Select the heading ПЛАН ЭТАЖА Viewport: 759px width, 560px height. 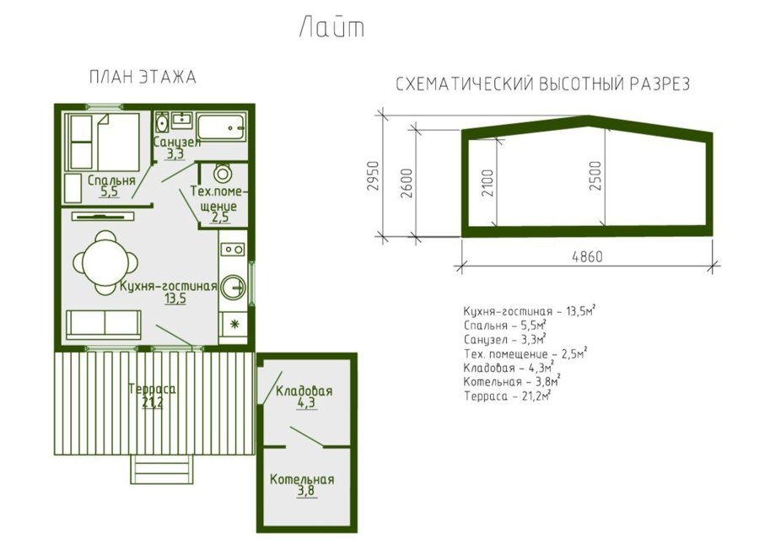[143, 78]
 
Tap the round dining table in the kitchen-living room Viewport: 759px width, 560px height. [105, 262]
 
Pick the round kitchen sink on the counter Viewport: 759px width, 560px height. [234, 288]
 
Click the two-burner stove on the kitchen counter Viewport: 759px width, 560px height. [233, 250]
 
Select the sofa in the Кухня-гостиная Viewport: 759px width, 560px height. [104, 325]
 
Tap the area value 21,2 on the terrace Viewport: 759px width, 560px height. [153, 401]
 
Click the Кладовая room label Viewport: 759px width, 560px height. [304, 390]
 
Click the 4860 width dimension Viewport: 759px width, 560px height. [587, 256]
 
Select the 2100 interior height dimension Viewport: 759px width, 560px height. [488, 182]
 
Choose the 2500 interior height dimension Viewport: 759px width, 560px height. [595, 175]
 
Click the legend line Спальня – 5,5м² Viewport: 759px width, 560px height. [505, 325]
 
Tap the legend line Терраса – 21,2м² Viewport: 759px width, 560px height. [508, 396]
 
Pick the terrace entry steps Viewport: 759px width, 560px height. [162, 470]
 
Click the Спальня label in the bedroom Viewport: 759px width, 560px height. [111, 180]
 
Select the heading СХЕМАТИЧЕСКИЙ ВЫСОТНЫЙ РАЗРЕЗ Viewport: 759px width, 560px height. [542, 84]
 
